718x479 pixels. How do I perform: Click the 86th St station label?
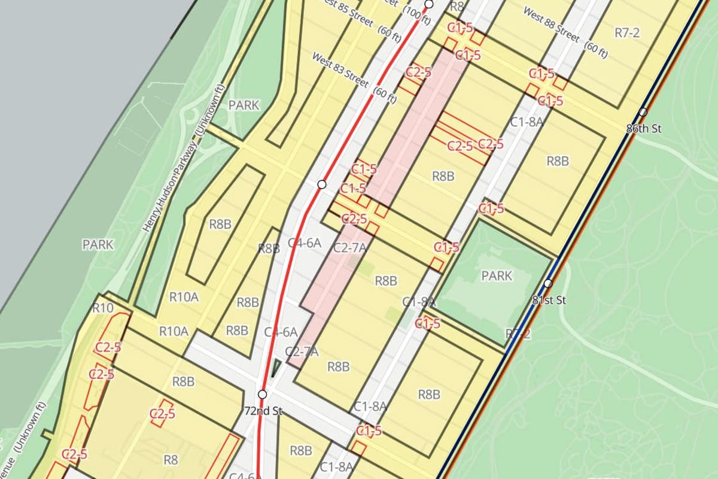click(x=643, y=128)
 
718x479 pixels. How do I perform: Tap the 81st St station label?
click(x=548, y=300)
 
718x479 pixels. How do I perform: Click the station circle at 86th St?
click(x=643, y=112)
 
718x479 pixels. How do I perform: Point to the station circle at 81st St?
click(x=548, y=283)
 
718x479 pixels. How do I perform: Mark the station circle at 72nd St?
click(x=262, y=394)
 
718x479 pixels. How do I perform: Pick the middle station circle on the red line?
click(x=321, y=184)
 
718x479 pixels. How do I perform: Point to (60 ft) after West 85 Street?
click(x=390, y=35)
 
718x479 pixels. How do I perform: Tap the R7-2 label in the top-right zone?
click(x=627, y=33)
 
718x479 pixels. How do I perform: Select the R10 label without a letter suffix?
click(x=104, y=308)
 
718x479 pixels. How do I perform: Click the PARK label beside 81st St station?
click(x=497, y=276)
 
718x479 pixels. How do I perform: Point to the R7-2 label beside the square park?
click(x=518, y=334)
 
